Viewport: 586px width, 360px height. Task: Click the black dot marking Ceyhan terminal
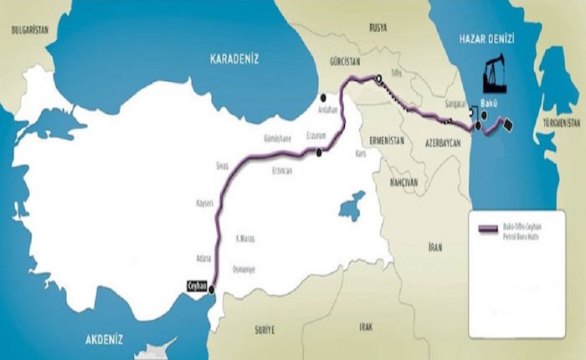(x=211, y=291)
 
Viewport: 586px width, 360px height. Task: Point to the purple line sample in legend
(x=485, y=229)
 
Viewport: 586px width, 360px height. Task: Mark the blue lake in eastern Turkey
(x=352, y=205)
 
